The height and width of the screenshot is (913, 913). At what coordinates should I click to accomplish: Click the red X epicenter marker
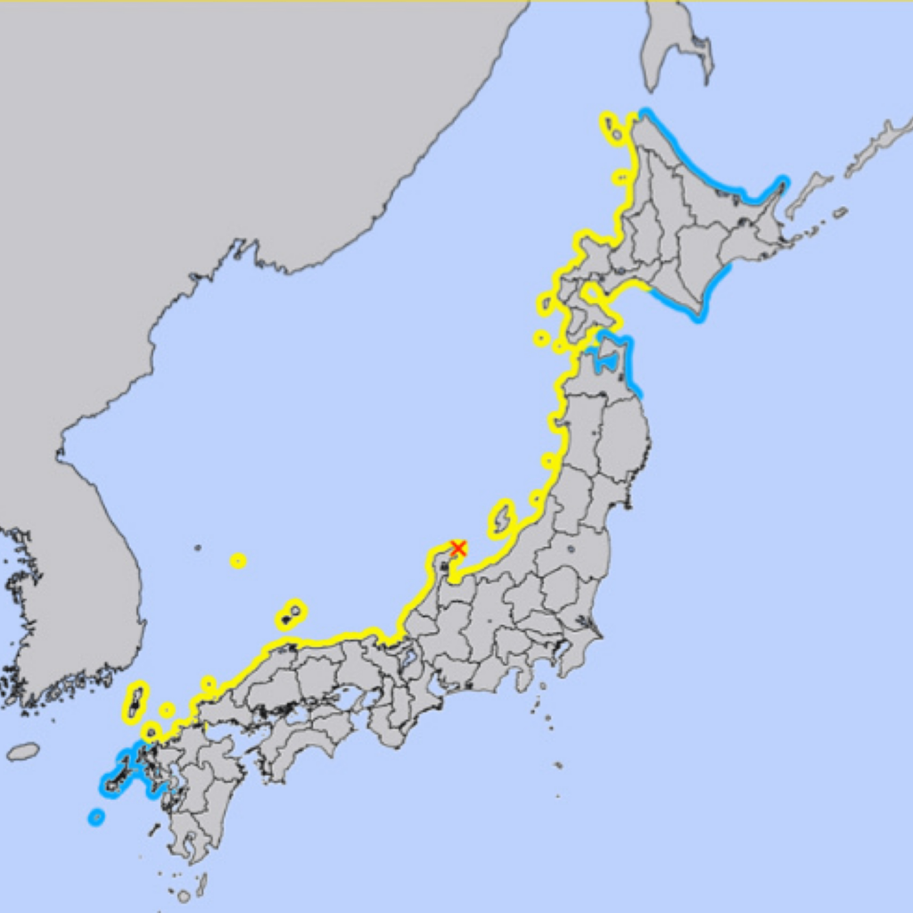[x=458, y=547]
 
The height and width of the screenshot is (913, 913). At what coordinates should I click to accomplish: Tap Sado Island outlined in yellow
[x=502, y=518]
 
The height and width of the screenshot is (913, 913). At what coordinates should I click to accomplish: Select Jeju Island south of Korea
[x=23, y=752]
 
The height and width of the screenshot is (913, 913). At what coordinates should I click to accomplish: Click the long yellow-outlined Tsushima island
[x=135, y=702]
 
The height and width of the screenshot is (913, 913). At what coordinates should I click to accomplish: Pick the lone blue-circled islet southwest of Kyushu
[x=96, y=817]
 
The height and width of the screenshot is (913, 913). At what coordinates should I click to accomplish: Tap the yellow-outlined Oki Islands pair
[x=291, y=614]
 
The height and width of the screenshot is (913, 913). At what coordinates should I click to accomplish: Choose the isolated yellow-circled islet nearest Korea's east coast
[x=238, y=561]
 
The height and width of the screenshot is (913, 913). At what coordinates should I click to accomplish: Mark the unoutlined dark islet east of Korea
[x=197, y=547]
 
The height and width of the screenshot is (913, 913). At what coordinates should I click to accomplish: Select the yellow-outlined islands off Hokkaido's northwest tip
[x=612, y=127]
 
